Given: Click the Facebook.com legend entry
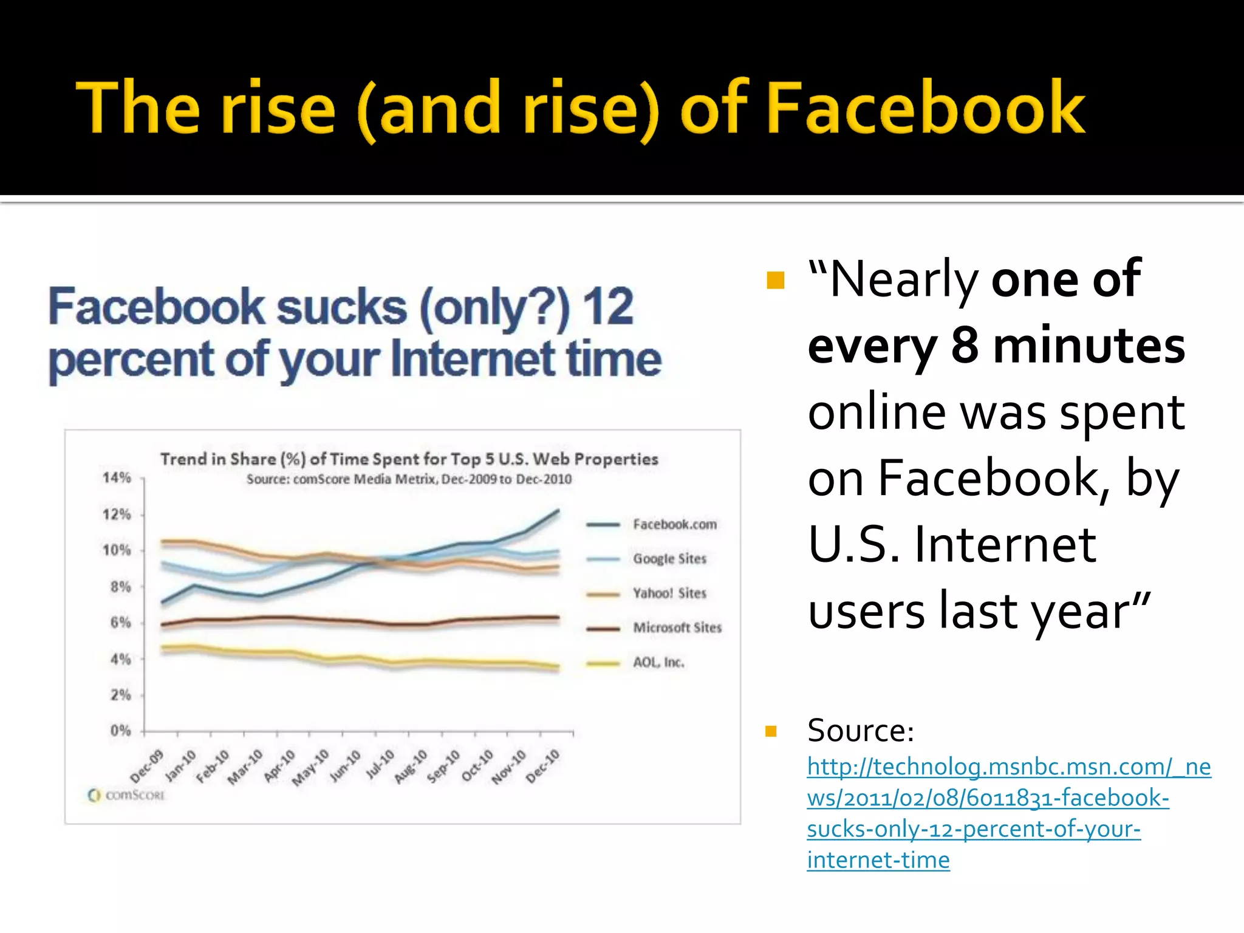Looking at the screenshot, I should (674, 524).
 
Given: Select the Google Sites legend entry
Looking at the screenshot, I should (669, 559).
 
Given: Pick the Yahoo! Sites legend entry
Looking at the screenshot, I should (669, 593).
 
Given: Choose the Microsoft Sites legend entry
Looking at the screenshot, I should (677, 627).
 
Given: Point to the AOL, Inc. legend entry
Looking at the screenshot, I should (658, 662).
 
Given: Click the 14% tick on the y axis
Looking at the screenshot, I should (117, 478).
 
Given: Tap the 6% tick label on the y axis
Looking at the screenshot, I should (120, 623).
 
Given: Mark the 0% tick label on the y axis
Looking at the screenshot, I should (120, 730).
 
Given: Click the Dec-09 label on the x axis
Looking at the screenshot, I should (148, 766).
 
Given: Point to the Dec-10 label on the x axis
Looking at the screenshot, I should (542, 766).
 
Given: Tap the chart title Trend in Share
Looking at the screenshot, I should (409, 459).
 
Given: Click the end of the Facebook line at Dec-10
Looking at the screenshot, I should (558, 511).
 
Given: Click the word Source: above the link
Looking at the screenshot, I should (860, 731).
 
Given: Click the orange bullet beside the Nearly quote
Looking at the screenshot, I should (776, 281).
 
